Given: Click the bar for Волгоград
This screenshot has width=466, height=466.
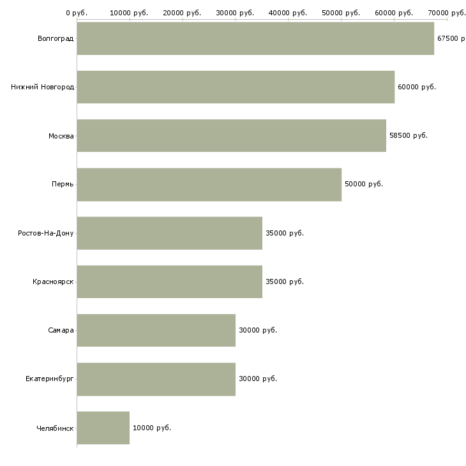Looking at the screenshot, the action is tap(255, 38).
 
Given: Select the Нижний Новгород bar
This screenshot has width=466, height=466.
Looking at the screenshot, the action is tap(236, 87).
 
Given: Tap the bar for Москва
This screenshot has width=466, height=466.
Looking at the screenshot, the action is tap(232, 136).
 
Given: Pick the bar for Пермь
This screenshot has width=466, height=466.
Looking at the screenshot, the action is tap(209, 184).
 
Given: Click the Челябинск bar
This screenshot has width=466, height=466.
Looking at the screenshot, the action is tap(103, 428).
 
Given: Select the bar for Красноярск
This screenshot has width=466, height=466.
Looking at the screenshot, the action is tap(170, 282).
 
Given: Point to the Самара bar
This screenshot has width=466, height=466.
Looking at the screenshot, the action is tap(156, 330).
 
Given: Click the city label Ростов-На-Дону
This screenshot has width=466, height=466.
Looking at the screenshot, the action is tap(46, 233).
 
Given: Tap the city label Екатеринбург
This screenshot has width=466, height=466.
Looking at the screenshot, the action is tap(50, 379).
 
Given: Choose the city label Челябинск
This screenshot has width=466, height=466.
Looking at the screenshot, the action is tap(55, 428).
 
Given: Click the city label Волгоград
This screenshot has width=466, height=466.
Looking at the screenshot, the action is tap(56, 39).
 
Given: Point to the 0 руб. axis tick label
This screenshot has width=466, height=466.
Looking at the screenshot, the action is tap(77, 13).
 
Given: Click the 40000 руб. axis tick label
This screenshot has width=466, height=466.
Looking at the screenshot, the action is tap(288, 13).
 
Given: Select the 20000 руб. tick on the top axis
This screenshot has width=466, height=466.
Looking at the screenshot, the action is tap(183, 20).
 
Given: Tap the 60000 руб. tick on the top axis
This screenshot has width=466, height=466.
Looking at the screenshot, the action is tap(395, 20).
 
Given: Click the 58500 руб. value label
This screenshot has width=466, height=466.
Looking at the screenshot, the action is tap(409, 135).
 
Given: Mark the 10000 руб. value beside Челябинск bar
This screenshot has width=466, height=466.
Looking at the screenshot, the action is tap(152, 428).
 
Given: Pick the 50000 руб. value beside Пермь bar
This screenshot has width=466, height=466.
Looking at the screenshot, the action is tap(364, 184).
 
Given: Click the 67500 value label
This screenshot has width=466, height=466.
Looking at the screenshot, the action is tap(447, 38).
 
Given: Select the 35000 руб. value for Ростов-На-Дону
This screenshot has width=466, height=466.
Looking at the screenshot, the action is tap(285, 233).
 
